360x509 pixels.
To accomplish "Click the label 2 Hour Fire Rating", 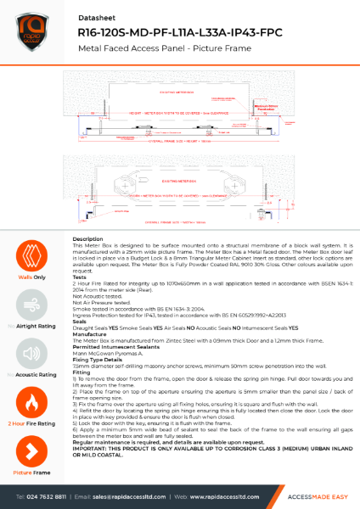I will [x=27, y=422].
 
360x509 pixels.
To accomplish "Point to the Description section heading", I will [x=87, y=239].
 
